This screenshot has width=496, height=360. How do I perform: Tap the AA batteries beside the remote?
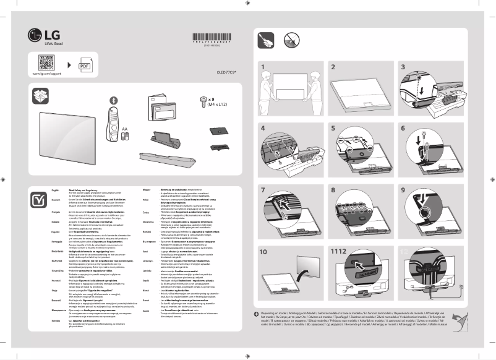click(x=125, y=137)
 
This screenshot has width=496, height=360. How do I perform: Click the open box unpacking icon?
click(x=40, y=96)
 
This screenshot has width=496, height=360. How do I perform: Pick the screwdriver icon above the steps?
click(x=266, y=41)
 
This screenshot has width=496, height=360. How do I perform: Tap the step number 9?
click(x=404, y=191)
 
